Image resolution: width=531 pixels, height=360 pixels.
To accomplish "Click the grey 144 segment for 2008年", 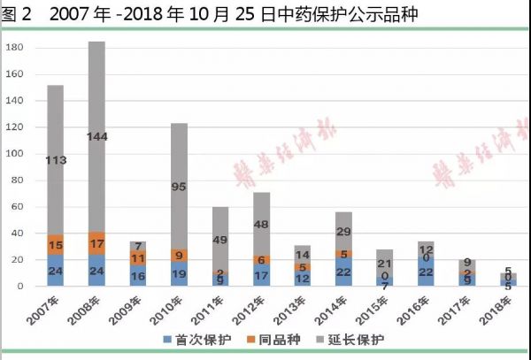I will click(110, 137).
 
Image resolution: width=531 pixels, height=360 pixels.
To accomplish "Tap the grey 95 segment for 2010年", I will click(179, 186).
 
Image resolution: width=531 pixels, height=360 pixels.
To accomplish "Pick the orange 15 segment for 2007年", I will click(55, 245).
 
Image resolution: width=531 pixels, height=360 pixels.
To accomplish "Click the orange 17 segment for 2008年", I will click(110, 243).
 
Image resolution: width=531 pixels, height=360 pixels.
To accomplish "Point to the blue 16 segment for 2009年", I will click(138, 276).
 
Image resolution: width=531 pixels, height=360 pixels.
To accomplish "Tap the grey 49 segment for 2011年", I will click(221, 239).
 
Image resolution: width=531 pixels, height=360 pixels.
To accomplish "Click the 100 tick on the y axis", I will click(12, 154).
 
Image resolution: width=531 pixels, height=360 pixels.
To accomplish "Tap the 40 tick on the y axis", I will click(15, 234).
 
